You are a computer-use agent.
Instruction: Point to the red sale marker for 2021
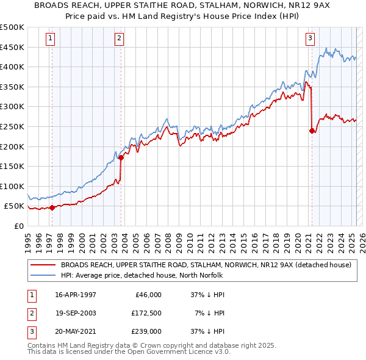point(312,131)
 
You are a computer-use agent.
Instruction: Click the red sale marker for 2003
point(121,157)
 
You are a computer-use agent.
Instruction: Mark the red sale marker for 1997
point(52,207)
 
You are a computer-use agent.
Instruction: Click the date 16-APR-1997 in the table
point(76,295)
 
